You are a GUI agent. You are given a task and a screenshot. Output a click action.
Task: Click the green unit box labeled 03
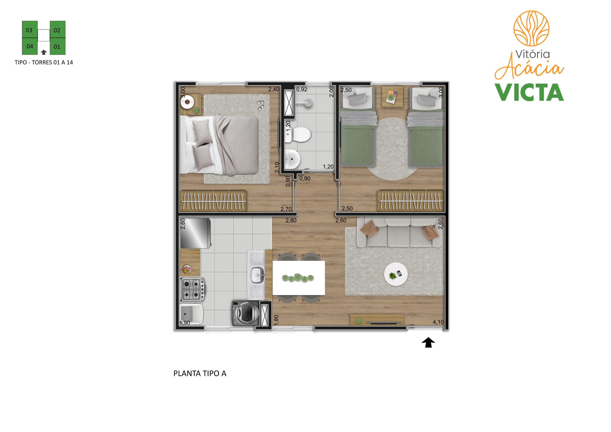(30, 29)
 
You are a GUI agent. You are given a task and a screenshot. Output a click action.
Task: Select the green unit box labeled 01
(58, 46)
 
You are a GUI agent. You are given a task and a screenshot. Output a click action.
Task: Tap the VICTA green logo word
(529, 92)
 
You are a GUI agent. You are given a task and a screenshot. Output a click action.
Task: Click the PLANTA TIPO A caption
(200, 374)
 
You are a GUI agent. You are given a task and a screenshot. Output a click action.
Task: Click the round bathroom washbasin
(292, 159)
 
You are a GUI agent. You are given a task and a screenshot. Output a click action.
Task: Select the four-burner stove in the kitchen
(193, 289)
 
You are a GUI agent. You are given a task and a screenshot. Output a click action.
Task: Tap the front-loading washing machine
(245, 313)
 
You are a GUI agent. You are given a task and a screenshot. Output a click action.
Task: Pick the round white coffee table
(395, 274)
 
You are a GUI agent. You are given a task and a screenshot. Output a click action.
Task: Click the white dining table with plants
(299, 278)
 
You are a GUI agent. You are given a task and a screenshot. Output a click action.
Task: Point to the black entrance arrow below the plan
(428, 343)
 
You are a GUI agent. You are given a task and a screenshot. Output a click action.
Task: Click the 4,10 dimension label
(438, 322)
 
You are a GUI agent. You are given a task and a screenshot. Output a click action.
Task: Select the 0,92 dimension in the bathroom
(302, 89)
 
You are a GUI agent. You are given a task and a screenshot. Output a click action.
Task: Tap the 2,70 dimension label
(286, 209)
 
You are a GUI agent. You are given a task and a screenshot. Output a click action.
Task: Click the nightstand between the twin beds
(392, 96)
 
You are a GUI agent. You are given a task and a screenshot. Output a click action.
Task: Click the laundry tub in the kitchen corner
(192, 314)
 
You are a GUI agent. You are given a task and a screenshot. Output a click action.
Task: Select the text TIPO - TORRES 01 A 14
(44, 62)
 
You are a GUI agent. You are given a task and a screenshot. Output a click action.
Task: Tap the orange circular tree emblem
(531, 28)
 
